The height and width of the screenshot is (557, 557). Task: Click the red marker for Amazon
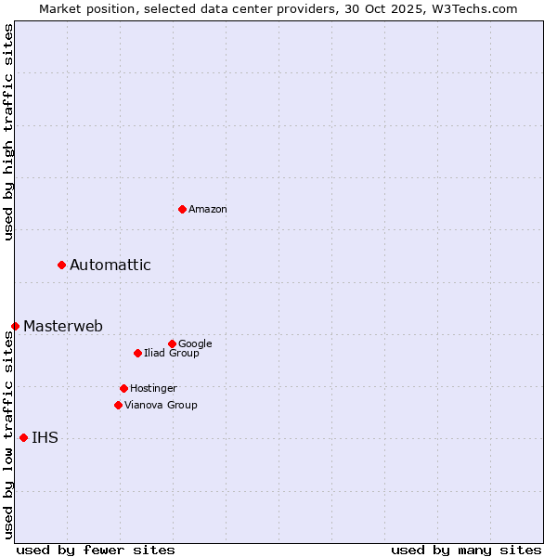pos(182,209)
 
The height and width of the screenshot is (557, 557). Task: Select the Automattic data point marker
pos(61,265)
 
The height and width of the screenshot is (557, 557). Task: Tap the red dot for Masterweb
pos(15,326)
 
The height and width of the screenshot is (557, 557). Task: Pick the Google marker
pos(172,343)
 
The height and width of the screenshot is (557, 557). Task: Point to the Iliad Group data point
pos(137,353)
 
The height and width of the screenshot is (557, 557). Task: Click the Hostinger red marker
pos(123,388)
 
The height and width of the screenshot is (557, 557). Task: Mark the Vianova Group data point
pos(118,405)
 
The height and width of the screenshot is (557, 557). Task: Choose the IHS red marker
pos(23,437)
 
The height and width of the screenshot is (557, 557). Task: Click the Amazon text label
pos(208,209)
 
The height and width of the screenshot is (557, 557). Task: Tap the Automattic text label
pos(110,266)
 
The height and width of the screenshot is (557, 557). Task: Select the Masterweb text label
pos(63,326)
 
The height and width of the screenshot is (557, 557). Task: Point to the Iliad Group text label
pos(172,353)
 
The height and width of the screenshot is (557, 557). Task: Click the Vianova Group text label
pos(161,405)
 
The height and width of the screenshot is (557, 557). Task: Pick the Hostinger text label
pos(153,388)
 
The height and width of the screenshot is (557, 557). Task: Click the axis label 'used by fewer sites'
pos(96,550)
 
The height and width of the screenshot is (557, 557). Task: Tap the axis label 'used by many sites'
pos(466,550)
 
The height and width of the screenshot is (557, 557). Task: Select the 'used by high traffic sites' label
pos(8,132)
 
